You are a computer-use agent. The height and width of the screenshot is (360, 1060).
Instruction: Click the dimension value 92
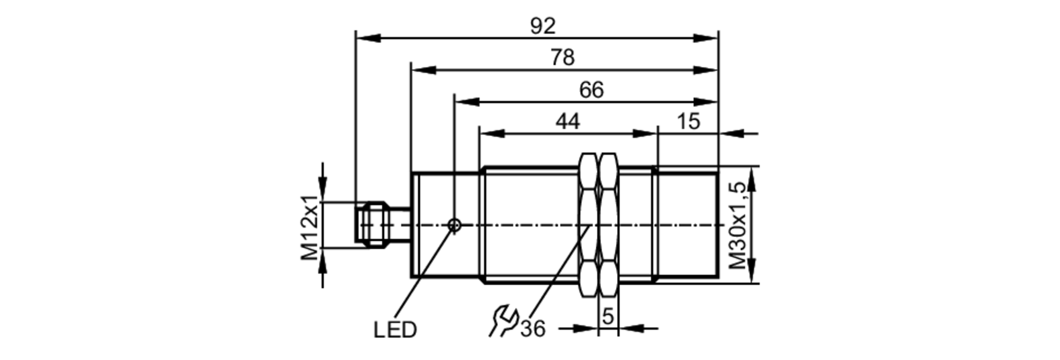point(543,26)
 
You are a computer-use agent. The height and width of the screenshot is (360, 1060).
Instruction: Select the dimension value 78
point(562,57)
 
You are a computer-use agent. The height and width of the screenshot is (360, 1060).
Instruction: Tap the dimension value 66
point(591,90)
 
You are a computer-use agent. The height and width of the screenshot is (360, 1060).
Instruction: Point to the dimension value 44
point(567,121)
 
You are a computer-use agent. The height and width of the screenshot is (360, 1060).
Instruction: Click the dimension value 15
point(688,121)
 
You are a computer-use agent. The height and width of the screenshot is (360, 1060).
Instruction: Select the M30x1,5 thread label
point(737,225)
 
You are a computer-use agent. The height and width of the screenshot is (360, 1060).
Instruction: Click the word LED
point(395,330)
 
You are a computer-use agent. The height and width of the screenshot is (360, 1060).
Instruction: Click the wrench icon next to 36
point(502,320)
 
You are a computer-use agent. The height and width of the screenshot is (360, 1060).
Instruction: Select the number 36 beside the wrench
point(532,329)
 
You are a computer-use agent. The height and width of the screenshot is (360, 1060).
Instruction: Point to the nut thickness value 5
point(608,317)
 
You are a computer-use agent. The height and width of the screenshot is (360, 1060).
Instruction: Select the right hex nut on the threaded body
point(608,225)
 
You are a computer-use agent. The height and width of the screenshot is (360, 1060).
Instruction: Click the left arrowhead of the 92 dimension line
point(368,38)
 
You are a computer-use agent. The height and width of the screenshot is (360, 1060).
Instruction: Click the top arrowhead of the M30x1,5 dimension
point(753,178)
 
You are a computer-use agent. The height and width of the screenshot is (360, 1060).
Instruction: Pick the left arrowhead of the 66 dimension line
point(467,102)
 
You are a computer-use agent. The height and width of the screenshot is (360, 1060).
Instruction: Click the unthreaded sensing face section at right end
point(688,225)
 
